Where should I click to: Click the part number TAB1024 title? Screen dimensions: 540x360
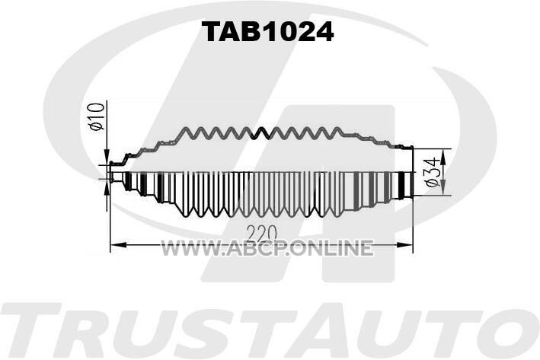point(267,31)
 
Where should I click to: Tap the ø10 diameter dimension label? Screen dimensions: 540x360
point(97,116)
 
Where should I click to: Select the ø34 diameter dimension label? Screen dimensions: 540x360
point(432,172)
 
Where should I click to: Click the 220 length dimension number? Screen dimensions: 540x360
point(262,234)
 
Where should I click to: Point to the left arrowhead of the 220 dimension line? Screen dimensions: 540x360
point(118,245)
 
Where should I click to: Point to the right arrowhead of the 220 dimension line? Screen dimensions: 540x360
point(405,245)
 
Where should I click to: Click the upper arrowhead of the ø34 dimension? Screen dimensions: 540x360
point(443,157)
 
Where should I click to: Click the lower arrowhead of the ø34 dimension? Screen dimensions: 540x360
point(443,188)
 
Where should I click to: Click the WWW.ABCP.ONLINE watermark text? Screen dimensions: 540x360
point(267,248)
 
